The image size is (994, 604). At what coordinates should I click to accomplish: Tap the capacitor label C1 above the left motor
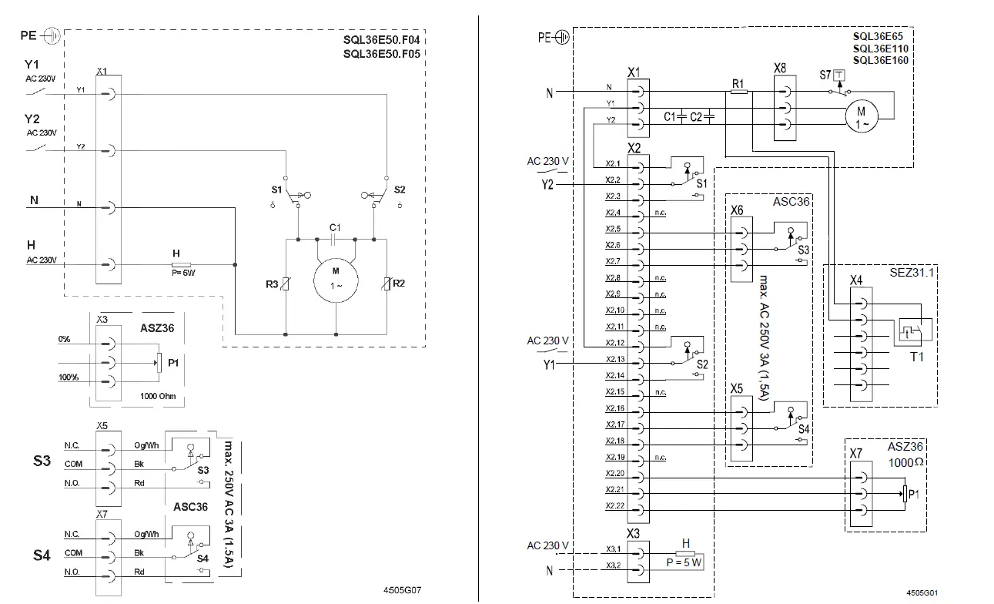click(334, 227)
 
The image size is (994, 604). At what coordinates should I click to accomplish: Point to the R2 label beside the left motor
click(399, 284)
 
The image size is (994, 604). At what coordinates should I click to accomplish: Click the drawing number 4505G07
click(401, 590)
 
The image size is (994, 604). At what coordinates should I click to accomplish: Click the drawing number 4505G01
click(921, 593)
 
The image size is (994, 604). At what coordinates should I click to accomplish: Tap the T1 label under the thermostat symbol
click(915, 357)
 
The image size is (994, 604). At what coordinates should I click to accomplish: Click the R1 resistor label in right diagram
click(738, 82)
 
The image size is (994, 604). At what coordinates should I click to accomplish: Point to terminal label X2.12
click(614, 342)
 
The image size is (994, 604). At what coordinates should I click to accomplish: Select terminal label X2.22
click(614, 506)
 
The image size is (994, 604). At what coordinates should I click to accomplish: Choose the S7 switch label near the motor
click(825, 75)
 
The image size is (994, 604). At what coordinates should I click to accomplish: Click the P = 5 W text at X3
click(682, 562)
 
